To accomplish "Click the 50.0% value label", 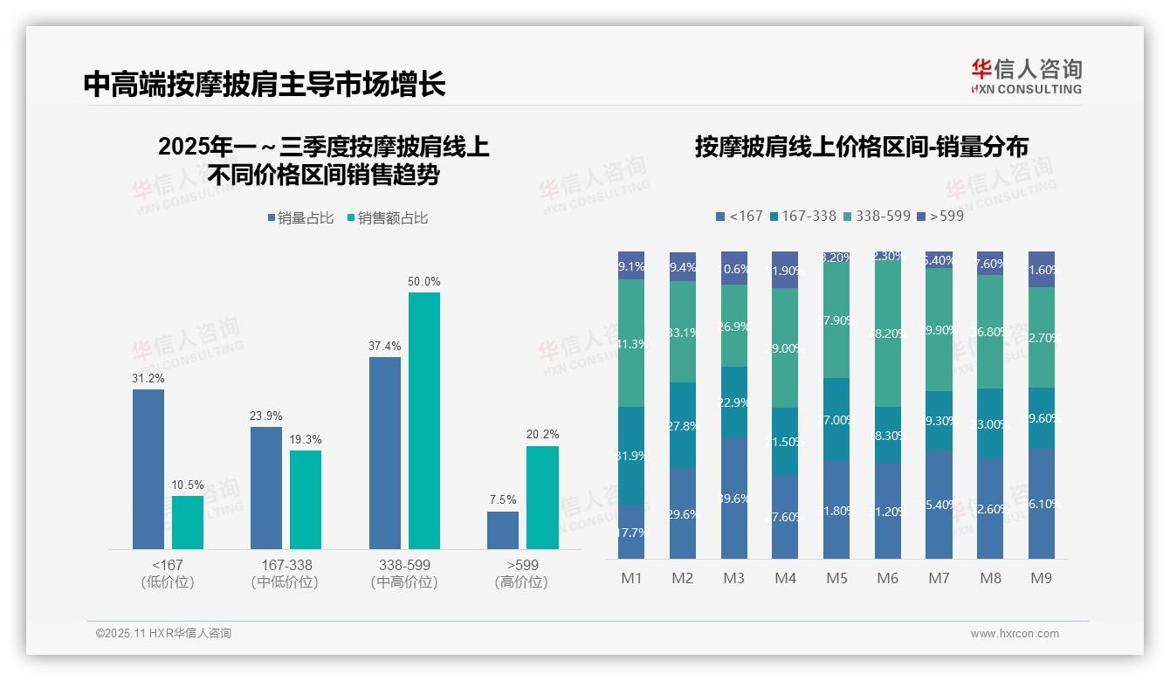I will (x=423, y=282).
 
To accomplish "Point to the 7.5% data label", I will (x=502, y=500).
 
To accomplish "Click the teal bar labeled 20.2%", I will (x=542, y=498).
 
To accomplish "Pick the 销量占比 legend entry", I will (x=300, y=218).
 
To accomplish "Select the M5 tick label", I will (x=836, y=579).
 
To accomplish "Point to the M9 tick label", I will (x=1041, y=579).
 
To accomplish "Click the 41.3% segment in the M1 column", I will (x=631, y=343).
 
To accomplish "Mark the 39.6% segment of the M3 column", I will (x=733, y=498).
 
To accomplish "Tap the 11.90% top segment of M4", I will (x=785, y=270).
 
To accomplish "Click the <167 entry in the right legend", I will (x=739, y=216).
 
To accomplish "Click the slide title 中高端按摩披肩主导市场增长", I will (x=265, y=84).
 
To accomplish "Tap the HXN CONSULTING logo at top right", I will (x=1026, y=77).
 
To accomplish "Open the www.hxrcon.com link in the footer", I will (x=1014, y=634).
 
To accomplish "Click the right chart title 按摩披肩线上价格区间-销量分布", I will (x=861, y=147).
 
